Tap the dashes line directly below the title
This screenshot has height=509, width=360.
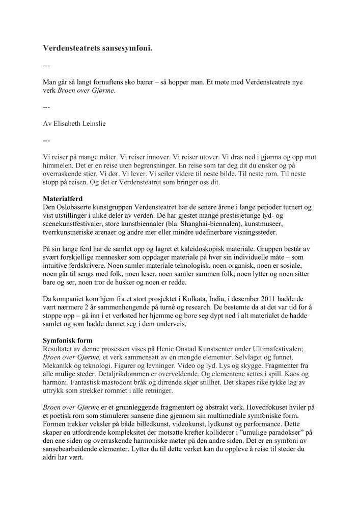[x=46, y=66]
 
